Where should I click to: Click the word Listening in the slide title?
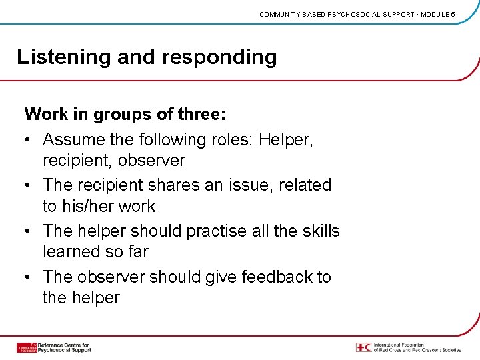[x=64, y=57]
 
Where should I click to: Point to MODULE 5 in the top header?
[x=436, y=14]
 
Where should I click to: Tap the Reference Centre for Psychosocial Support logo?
[x=53, y=347]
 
